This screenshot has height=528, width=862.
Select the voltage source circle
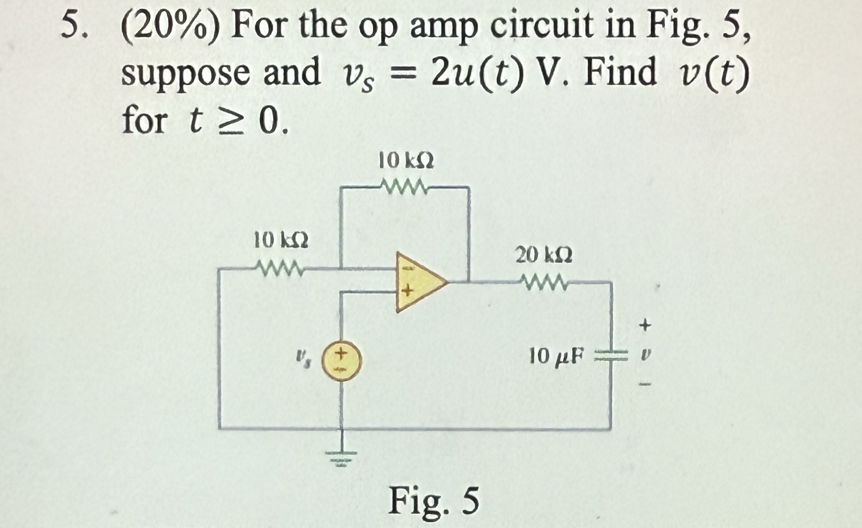point(341,361)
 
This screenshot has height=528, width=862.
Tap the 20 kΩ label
point(543,255)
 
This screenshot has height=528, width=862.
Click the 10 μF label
point(556,355)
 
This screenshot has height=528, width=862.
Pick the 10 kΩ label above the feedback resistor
point(406,161)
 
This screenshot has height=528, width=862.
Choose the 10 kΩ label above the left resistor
point(280,240)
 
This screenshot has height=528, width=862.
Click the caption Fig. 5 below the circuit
point(434,501)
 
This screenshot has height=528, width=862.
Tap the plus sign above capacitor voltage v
point(645,325)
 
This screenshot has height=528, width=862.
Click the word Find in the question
point(620,72)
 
